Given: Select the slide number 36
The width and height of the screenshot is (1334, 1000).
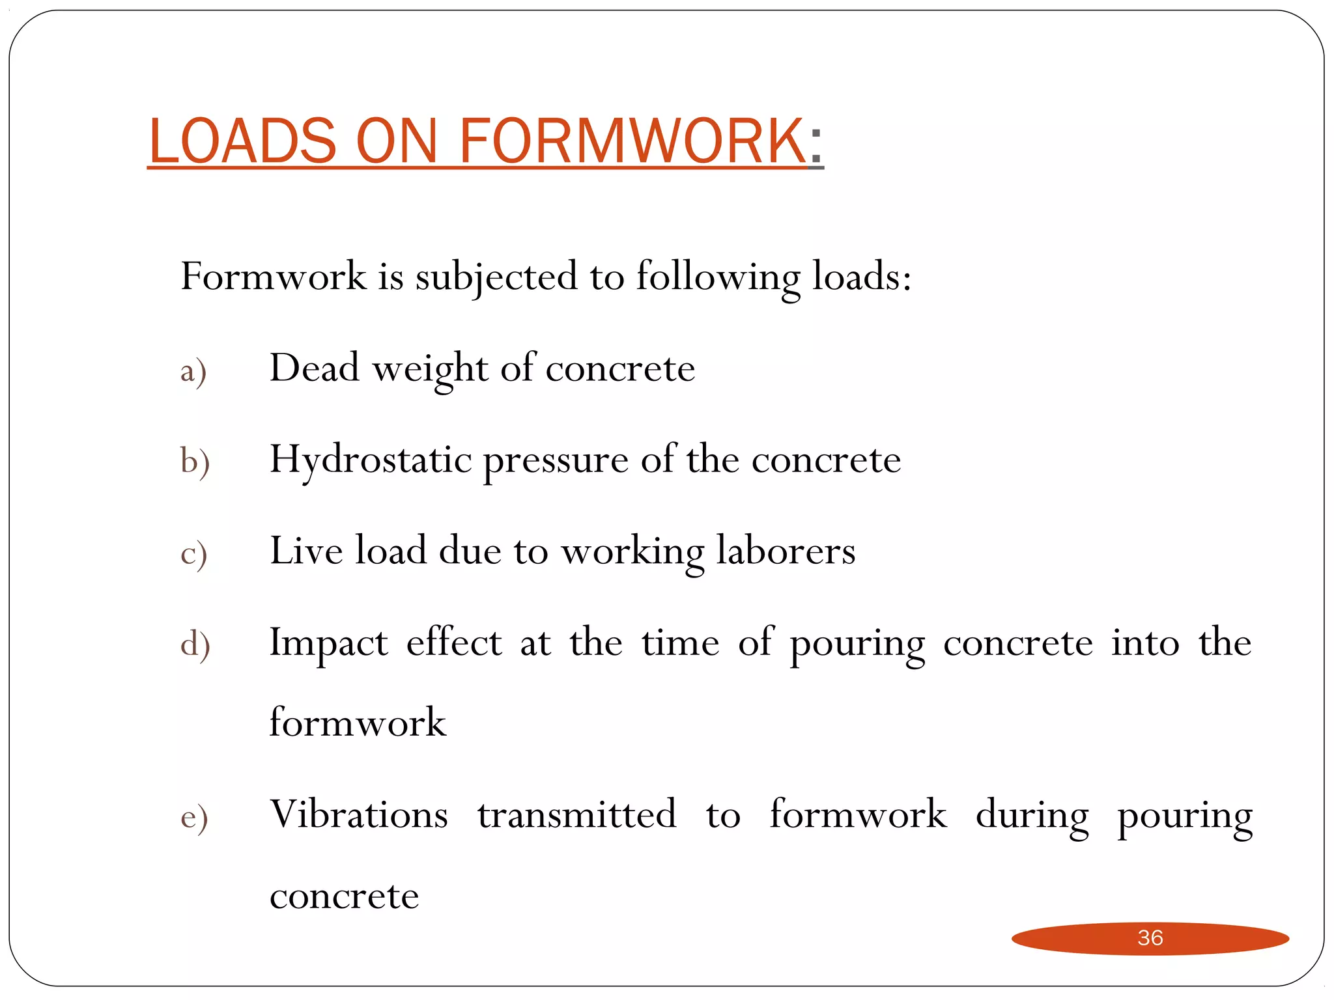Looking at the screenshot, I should [1150, 937].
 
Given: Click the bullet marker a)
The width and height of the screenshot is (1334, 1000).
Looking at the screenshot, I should [193, 371].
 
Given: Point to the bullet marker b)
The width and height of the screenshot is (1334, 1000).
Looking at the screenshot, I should [195, 462].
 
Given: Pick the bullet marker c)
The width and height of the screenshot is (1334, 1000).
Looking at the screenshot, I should [193, 553].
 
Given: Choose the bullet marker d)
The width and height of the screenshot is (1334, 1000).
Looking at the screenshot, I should [195, 645].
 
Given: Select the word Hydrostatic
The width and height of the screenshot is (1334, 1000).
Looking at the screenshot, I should [371, 460].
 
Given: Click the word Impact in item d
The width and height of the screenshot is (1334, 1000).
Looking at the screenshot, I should [329, 643].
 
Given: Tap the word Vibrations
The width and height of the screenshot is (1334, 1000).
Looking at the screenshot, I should [359, 814].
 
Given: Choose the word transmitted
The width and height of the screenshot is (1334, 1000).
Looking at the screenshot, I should [577, 814].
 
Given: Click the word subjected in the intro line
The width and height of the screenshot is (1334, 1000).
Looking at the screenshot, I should [496, 277].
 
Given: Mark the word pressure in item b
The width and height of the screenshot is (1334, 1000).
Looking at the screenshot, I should [556, 461].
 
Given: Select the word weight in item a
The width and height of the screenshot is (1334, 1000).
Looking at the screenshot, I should [430, 368].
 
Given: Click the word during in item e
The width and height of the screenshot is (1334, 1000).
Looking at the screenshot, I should [1032, 816].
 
